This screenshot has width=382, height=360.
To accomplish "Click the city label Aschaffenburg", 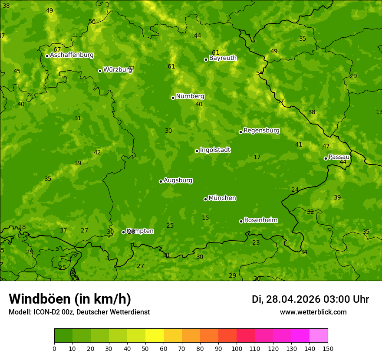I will (72, 55).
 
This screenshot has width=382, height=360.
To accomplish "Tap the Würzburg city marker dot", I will (100, 71).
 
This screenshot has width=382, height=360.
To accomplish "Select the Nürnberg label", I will (190, 96).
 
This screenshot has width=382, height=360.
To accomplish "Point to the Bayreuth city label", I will (223, 58).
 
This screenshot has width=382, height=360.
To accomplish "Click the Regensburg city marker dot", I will (240, 132).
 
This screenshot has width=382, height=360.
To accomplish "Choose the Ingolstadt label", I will (215, 150).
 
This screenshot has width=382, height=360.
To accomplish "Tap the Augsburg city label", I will (178, 180).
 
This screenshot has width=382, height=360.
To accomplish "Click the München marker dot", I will (205, 199).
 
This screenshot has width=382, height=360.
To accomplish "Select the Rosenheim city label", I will (260, 220).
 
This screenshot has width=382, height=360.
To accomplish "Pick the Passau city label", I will (339, 157).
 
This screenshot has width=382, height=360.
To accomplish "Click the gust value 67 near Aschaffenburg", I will (57, 50).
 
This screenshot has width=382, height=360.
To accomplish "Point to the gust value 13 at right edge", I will (379, 112).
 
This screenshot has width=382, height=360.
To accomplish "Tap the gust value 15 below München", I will (205, 218).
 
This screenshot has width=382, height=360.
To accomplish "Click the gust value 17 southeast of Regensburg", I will (257, 157).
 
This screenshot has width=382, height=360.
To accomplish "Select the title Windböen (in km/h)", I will (70, 299).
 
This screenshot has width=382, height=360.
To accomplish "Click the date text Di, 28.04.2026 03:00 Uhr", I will (310, 299).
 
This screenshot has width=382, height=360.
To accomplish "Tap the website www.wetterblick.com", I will (313, 312).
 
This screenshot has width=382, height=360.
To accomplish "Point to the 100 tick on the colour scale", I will (237, 348).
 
